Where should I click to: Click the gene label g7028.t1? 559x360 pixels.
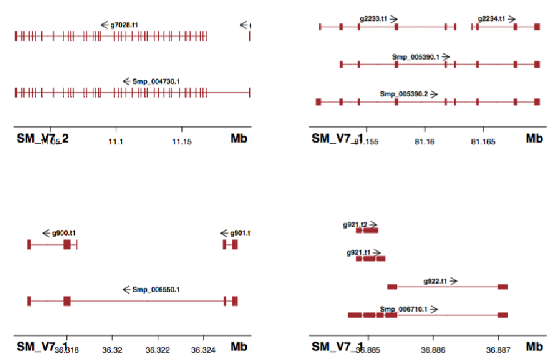124,25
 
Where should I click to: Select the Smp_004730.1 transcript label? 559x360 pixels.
156,81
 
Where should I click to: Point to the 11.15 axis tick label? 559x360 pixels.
182,141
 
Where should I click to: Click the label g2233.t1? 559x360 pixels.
373,19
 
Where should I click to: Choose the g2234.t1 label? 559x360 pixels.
491,19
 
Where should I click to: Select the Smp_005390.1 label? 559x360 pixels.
415,56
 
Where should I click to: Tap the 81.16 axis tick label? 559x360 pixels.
425,141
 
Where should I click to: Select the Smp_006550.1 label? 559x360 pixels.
156,289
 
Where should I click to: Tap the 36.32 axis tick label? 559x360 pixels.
112,350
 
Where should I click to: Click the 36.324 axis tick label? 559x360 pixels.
204,350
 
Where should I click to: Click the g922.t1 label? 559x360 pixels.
435,281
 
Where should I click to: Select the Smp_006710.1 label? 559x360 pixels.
403,309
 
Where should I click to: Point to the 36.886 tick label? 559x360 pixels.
433,350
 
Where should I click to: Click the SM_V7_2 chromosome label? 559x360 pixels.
43,139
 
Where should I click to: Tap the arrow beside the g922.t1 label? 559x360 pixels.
453,281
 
